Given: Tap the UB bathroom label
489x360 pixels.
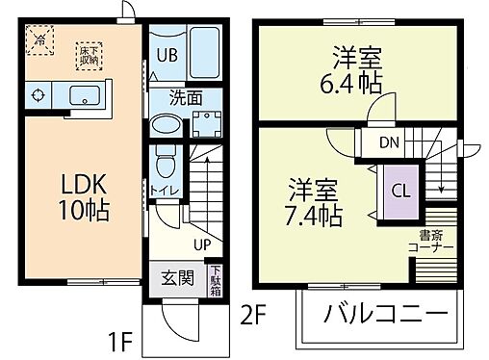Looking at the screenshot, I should coord(167,55).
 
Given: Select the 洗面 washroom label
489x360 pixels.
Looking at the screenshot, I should coord(185,96).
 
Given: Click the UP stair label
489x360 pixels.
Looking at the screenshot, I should coord(201,244).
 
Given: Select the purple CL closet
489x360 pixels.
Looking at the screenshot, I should coord(400,189).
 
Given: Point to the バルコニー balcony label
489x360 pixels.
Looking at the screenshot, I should coord(385,314).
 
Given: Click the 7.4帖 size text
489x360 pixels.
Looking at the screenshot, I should coord(314,215).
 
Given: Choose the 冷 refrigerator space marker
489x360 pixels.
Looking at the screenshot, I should coord(39,41).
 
